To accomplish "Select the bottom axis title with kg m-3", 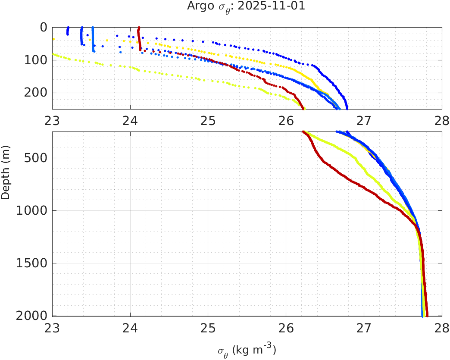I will tap(247, 350).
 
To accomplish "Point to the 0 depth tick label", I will tap(44, 27).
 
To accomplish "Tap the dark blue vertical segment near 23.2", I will tap(68, 31).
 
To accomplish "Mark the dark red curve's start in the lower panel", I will tap(304, 132).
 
